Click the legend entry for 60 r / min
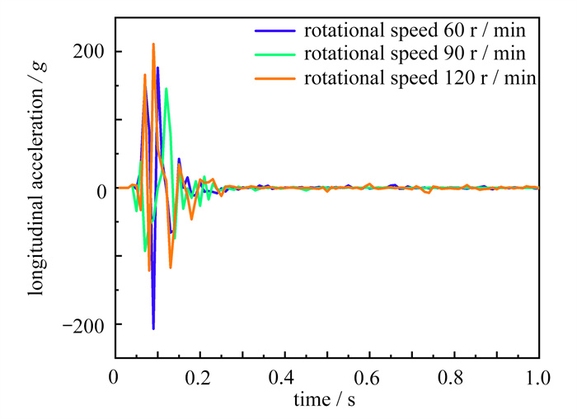click(415, 32)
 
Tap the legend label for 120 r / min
click(420, 79)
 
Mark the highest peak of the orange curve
click(153, 44)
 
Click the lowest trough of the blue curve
click(153, 328)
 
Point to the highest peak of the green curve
click(167, 89)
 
